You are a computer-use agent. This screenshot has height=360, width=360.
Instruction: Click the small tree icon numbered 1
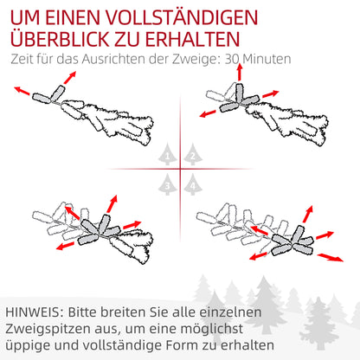168,156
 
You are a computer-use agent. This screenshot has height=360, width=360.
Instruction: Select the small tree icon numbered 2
193,156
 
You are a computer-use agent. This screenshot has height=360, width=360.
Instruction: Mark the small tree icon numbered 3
168,183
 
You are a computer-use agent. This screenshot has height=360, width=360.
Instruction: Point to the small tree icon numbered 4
193,183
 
